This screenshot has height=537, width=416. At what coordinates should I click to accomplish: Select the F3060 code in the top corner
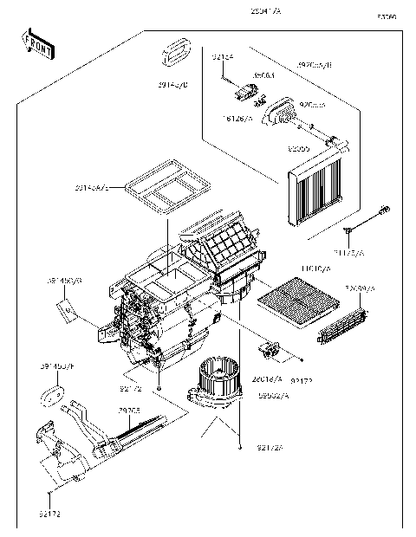click(x=387, y=16)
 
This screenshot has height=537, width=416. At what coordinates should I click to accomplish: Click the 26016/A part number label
click(x=266, y=378)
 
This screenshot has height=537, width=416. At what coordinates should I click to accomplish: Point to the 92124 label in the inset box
click(x=223, y=57)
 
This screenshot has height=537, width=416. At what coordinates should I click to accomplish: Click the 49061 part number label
click(x=241, y=75)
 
